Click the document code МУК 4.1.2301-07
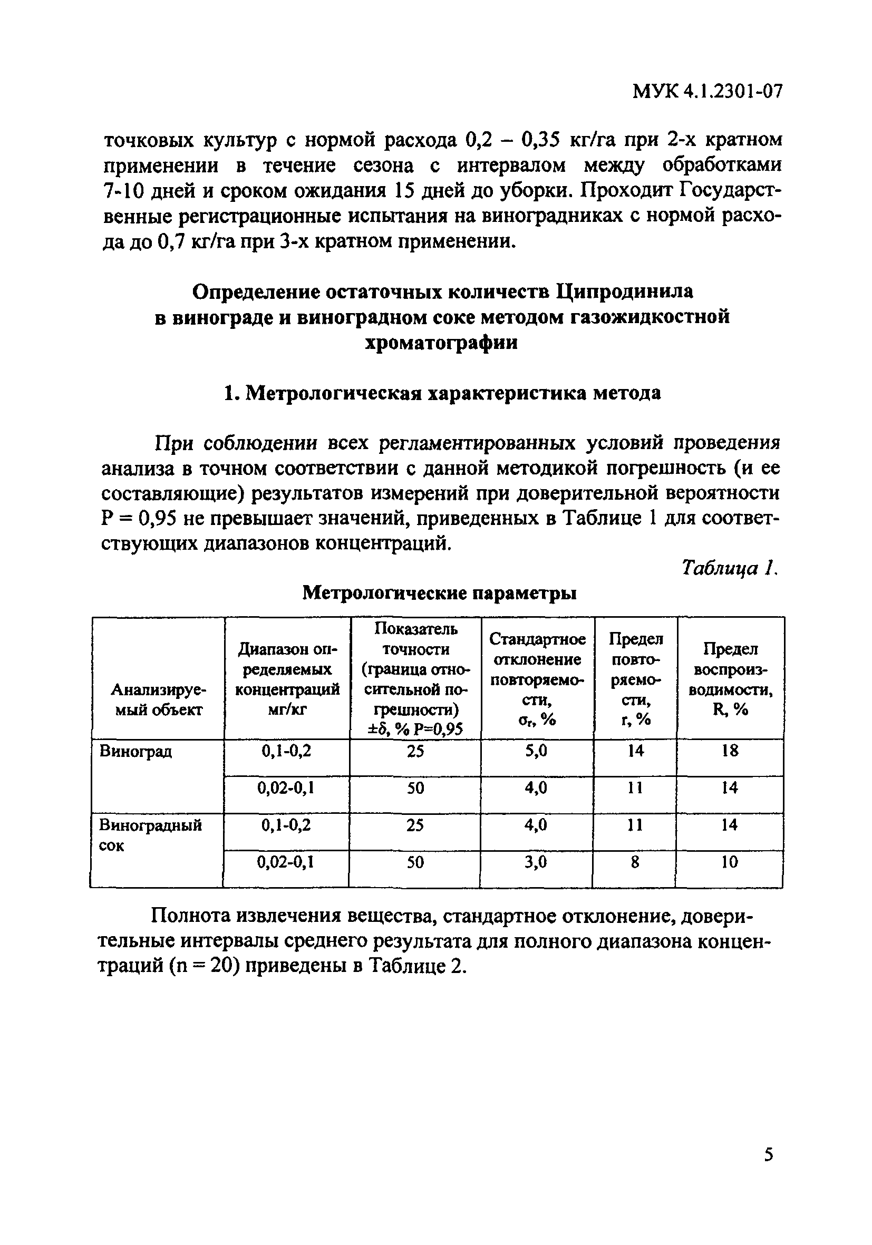[708, 92]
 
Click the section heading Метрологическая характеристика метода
[442, 393]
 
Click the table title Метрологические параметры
[439, 593]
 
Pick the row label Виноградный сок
[150, 834]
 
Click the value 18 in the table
[730, 751]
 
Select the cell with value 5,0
[536, 751]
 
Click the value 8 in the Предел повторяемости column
[634, 862]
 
